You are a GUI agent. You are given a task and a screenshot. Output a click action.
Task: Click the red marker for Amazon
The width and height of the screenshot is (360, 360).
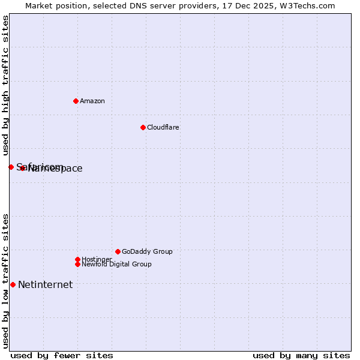pos(76,101)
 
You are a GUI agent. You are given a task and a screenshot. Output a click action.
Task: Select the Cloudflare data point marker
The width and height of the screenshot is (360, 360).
pos(143,127)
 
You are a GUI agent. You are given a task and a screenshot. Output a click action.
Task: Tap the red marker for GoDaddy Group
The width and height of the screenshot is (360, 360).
pos(118,251)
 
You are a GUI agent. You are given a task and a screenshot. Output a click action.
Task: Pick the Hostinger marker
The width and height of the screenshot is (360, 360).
pos(77,259)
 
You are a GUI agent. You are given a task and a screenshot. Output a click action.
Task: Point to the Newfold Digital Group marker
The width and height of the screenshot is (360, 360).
pos(77,264)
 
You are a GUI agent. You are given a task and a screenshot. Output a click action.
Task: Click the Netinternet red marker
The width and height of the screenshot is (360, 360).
pos(13,284)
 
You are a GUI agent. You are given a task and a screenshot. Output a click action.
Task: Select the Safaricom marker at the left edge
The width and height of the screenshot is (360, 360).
pos(11,167)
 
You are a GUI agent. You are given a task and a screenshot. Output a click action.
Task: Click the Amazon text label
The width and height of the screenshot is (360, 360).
pos(92,101)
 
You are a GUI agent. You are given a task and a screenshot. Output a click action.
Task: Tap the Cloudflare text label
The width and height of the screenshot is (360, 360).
pos(163,127)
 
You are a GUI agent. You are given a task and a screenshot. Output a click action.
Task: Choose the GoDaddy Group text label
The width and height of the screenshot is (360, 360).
pos(147,251)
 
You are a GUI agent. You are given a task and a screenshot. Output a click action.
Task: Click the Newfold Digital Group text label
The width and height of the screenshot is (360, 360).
pos(116,264)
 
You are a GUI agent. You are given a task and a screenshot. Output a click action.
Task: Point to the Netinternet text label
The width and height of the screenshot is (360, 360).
pos(45,284)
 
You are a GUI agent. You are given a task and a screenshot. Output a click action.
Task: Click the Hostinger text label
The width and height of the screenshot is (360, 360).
pos(97,259)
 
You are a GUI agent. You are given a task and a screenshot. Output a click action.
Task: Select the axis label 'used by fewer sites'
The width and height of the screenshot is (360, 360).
pos(62,355)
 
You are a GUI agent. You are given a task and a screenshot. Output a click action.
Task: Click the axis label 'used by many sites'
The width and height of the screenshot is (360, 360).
pos(301,355)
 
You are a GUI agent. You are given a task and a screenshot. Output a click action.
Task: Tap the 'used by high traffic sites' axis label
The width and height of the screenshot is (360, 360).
pos(5,86)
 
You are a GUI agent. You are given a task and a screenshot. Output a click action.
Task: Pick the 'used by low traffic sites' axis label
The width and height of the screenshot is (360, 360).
pos(5,280)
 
